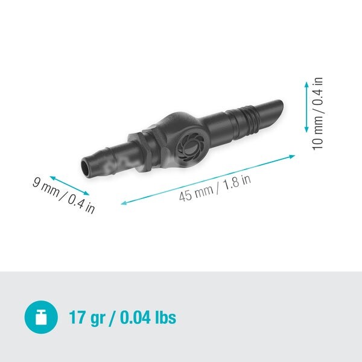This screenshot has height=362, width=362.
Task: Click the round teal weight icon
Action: (41, 317)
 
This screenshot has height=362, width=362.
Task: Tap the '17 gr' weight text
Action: (87, 318)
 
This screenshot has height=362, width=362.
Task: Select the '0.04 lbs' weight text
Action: (148, 317)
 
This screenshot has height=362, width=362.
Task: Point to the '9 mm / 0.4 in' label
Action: (64, 195)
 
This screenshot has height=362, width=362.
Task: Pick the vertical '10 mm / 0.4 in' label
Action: (318, 113)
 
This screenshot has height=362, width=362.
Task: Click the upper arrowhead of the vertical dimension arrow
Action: (306, 84)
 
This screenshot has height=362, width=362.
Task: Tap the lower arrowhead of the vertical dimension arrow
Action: (306, 130)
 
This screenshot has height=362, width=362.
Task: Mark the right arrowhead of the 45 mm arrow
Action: (292, 156)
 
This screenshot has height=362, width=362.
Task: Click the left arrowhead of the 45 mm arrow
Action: (124, 203)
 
